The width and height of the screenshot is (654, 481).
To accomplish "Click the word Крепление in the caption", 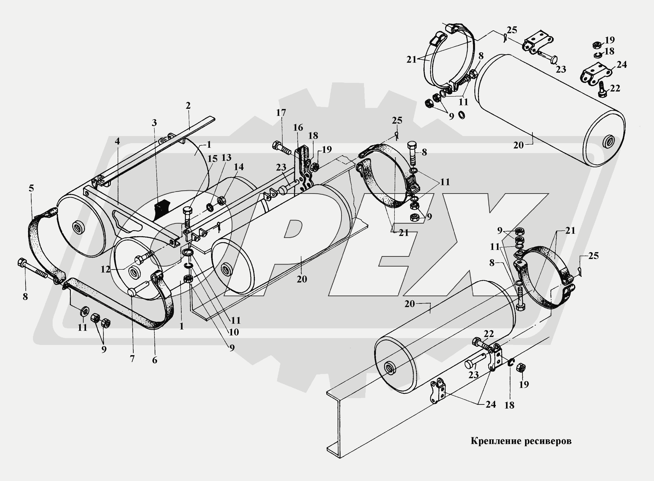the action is (499, 441).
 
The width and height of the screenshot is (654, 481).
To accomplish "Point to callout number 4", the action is (117, 141).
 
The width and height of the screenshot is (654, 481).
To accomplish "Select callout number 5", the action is (31, 188).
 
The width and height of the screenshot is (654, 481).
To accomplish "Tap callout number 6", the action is (155, 360).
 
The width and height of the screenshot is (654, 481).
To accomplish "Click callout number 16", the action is (298, 128).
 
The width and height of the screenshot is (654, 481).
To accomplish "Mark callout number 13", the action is (226, 158).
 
